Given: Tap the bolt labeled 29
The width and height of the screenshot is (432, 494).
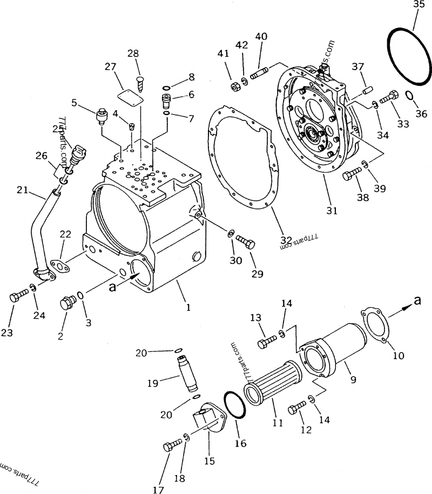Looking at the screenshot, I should [245, 242].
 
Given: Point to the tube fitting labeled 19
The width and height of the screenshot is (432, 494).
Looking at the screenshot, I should [187, 372].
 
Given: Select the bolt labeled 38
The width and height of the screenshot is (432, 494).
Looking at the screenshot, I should [353, 174].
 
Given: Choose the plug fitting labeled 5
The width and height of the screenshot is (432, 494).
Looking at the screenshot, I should [101, 116].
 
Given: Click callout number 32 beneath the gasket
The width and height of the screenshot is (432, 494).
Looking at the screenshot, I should [286, 240].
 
